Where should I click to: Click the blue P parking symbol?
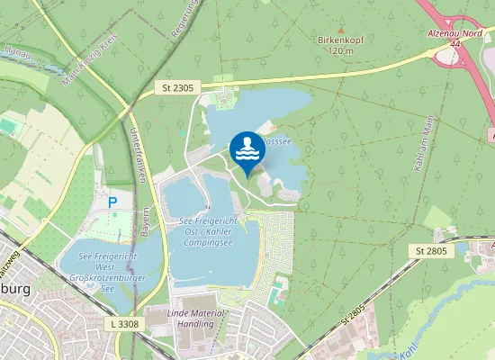112,203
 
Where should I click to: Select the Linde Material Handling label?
196,317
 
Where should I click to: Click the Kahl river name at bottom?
407,346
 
